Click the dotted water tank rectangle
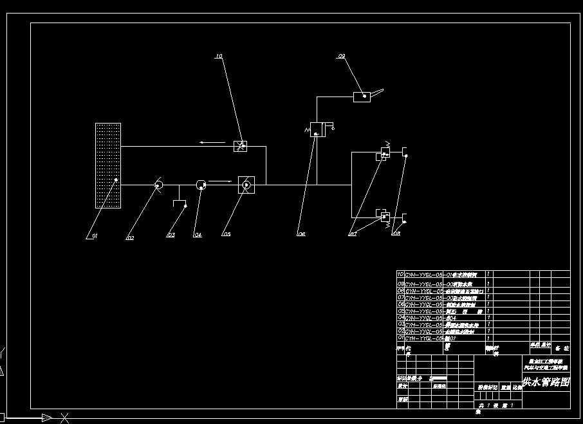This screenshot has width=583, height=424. [x=108, y=165]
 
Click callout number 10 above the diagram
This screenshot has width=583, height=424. [x=219, y=57]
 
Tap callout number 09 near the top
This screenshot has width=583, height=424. [x=342, y=57]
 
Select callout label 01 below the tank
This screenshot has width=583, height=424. [x=94, y=237]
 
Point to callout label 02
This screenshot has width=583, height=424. [x=131, y=237]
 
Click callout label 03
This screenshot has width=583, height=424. [x=171, y=235]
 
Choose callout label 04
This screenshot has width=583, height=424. [x=198, y=235]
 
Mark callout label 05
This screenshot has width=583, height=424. [x=227, y=235]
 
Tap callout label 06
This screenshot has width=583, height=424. [x=301, y=235]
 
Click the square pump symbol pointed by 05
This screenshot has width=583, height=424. [x=246, y=185]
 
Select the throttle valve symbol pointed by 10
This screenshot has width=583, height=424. [x=240, y=145]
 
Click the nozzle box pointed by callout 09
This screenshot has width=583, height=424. [x=362, y=97]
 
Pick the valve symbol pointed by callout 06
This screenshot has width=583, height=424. [x=317, y=129]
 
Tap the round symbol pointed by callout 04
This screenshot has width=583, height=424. [x=200, y=185]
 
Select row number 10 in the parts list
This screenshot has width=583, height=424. [x=400, y=274]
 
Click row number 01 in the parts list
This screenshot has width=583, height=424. [x=400, y=337]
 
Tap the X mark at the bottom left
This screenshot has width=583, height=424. [x=64, y=418]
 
